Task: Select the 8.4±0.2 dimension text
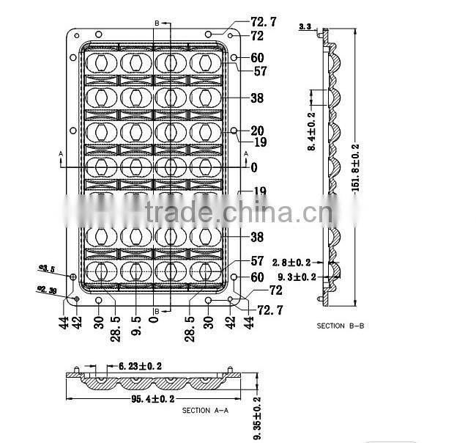point(312,131)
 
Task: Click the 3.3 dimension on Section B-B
point(305,27)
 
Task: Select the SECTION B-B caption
point(340,325)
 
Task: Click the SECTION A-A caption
point(205,409)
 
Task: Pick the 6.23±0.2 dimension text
point(135,365)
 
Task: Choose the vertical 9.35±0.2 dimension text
point(257,419)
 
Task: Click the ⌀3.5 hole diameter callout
point(47,270)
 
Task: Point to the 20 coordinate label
point(257,131)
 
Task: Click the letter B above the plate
point(157,23)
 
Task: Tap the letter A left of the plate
point(61,154)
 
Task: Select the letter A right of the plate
point(245,153)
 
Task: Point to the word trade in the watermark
point(179,213)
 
